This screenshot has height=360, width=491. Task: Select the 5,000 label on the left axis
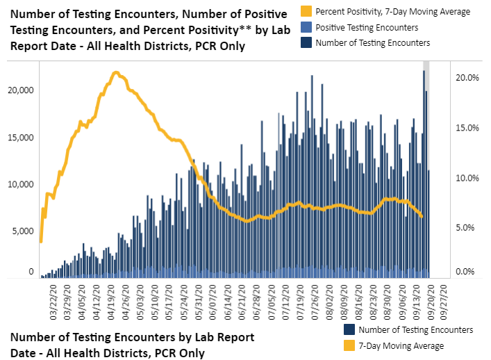(22, 231)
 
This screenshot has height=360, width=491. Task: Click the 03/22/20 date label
(54, 300)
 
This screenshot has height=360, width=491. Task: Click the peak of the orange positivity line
(116, 72)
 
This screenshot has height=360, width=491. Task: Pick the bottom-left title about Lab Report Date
(132, 345)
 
